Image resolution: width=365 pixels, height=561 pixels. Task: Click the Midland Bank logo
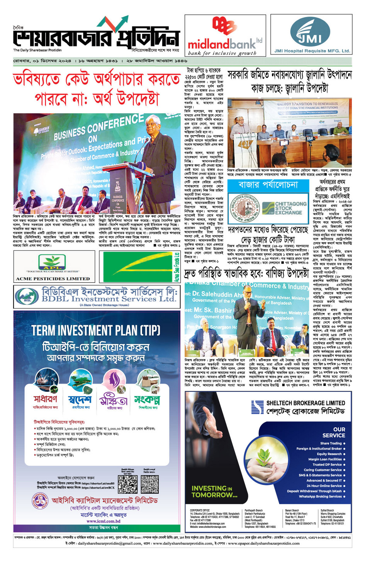225,35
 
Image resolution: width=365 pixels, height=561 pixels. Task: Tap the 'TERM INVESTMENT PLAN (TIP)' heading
96,331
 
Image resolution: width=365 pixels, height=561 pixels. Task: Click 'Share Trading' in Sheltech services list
331,443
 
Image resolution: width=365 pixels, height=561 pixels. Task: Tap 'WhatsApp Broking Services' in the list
320,496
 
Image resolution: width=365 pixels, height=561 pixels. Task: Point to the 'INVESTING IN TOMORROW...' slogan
214,491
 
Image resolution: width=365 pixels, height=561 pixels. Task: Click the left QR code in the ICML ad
128,484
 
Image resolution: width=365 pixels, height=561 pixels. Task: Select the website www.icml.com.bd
103,521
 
